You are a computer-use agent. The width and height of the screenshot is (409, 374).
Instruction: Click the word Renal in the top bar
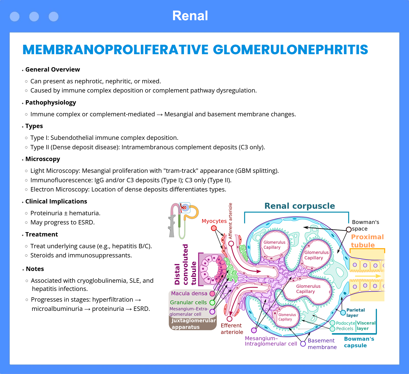(190, 16)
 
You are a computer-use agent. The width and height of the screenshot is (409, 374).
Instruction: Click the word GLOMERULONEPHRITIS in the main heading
(290, 50)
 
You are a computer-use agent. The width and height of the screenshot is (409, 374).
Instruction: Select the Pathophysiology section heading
(51, 103)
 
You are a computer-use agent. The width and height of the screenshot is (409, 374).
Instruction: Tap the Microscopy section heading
(43, 159)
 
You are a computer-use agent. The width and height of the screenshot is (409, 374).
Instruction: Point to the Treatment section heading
(42, 234)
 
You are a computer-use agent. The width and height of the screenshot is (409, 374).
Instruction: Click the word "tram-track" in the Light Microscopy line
(181, 171)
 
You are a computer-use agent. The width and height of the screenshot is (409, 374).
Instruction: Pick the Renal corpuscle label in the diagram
(300, 206)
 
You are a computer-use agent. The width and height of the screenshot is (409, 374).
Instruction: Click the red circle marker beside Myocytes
(214, 228)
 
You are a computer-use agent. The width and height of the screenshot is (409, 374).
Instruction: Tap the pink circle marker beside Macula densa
(212, 294)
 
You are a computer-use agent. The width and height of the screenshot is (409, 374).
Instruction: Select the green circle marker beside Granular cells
(212, 303)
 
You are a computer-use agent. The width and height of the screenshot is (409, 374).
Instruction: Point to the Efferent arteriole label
(232, 329)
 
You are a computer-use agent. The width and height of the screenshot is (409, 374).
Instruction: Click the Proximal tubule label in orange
(367, 241)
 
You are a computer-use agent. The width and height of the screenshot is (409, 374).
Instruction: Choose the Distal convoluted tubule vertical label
(185, 264)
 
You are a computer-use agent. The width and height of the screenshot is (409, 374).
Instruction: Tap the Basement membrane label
(322, 344)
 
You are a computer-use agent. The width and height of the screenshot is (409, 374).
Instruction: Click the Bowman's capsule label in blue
(359, 342)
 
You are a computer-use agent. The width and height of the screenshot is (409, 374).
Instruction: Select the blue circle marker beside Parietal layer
(343, 312)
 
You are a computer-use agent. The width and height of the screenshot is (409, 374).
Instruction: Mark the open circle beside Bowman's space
(349, 229)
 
